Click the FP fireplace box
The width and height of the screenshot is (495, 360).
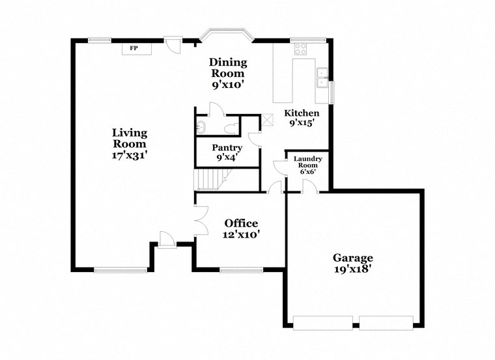click(x=134, y=49)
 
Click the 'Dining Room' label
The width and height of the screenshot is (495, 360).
click(x=227, y=68)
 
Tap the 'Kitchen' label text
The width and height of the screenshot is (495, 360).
click(x=301, y=113)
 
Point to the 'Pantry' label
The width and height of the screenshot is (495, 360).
click(x=227, y=148)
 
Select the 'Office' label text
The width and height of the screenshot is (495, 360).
click(x=241, y=223)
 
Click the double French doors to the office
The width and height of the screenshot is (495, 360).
click(x=201, y=220)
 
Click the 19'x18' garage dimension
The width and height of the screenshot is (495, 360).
click(x=354, y=268)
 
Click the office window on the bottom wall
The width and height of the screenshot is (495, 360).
click(x=241, y=269)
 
